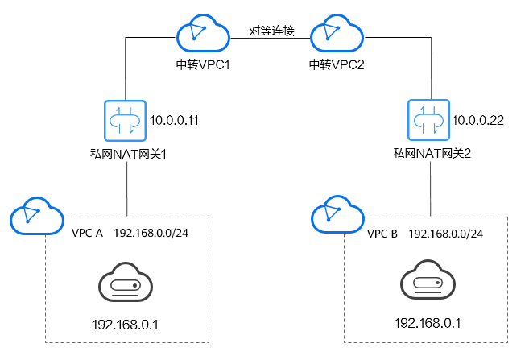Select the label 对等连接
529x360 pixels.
pos(272,31)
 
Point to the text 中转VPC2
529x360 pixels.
pos(337,64)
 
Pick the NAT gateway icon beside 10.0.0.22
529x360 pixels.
pos(428,121)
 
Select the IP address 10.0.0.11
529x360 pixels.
pos(175,120)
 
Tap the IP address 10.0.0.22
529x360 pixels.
pos(478,120)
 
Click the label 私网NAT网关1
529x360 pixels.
pos(128,151)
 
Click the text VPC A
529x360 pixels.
pos(88,233)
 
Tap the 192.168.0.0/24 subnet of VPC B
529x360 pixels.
pos(446,233)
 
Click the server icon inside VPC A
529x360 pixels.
pos(126,283)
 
